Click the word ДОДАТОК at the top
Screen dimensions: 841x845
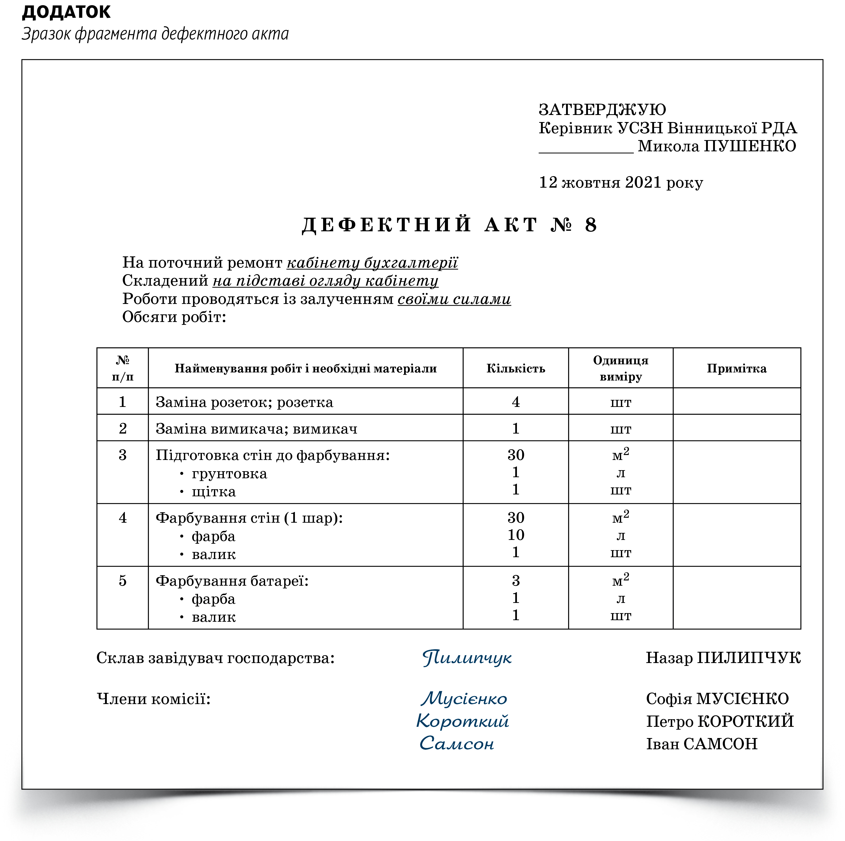click(67, 12)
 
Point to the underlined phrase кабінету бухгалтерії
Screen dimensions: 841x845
click(372, 263)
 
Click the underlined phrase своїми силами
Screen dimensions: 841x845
click(454, 299)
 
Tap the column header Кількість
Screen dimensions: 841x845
click(516, 368)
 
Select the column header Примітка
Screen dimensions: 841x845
click(737, 368)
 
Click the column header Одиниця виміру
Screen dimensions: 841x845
click(621, 368)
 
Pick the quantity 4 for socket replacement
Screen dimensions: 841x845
click(516, 402)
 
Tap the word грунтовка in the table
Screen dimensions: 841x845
click(229, 474)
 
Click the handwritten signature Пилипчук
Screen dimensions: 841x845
click(467, 658)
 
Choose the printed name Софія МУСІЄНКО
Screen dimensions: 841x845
click(717, 699)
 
